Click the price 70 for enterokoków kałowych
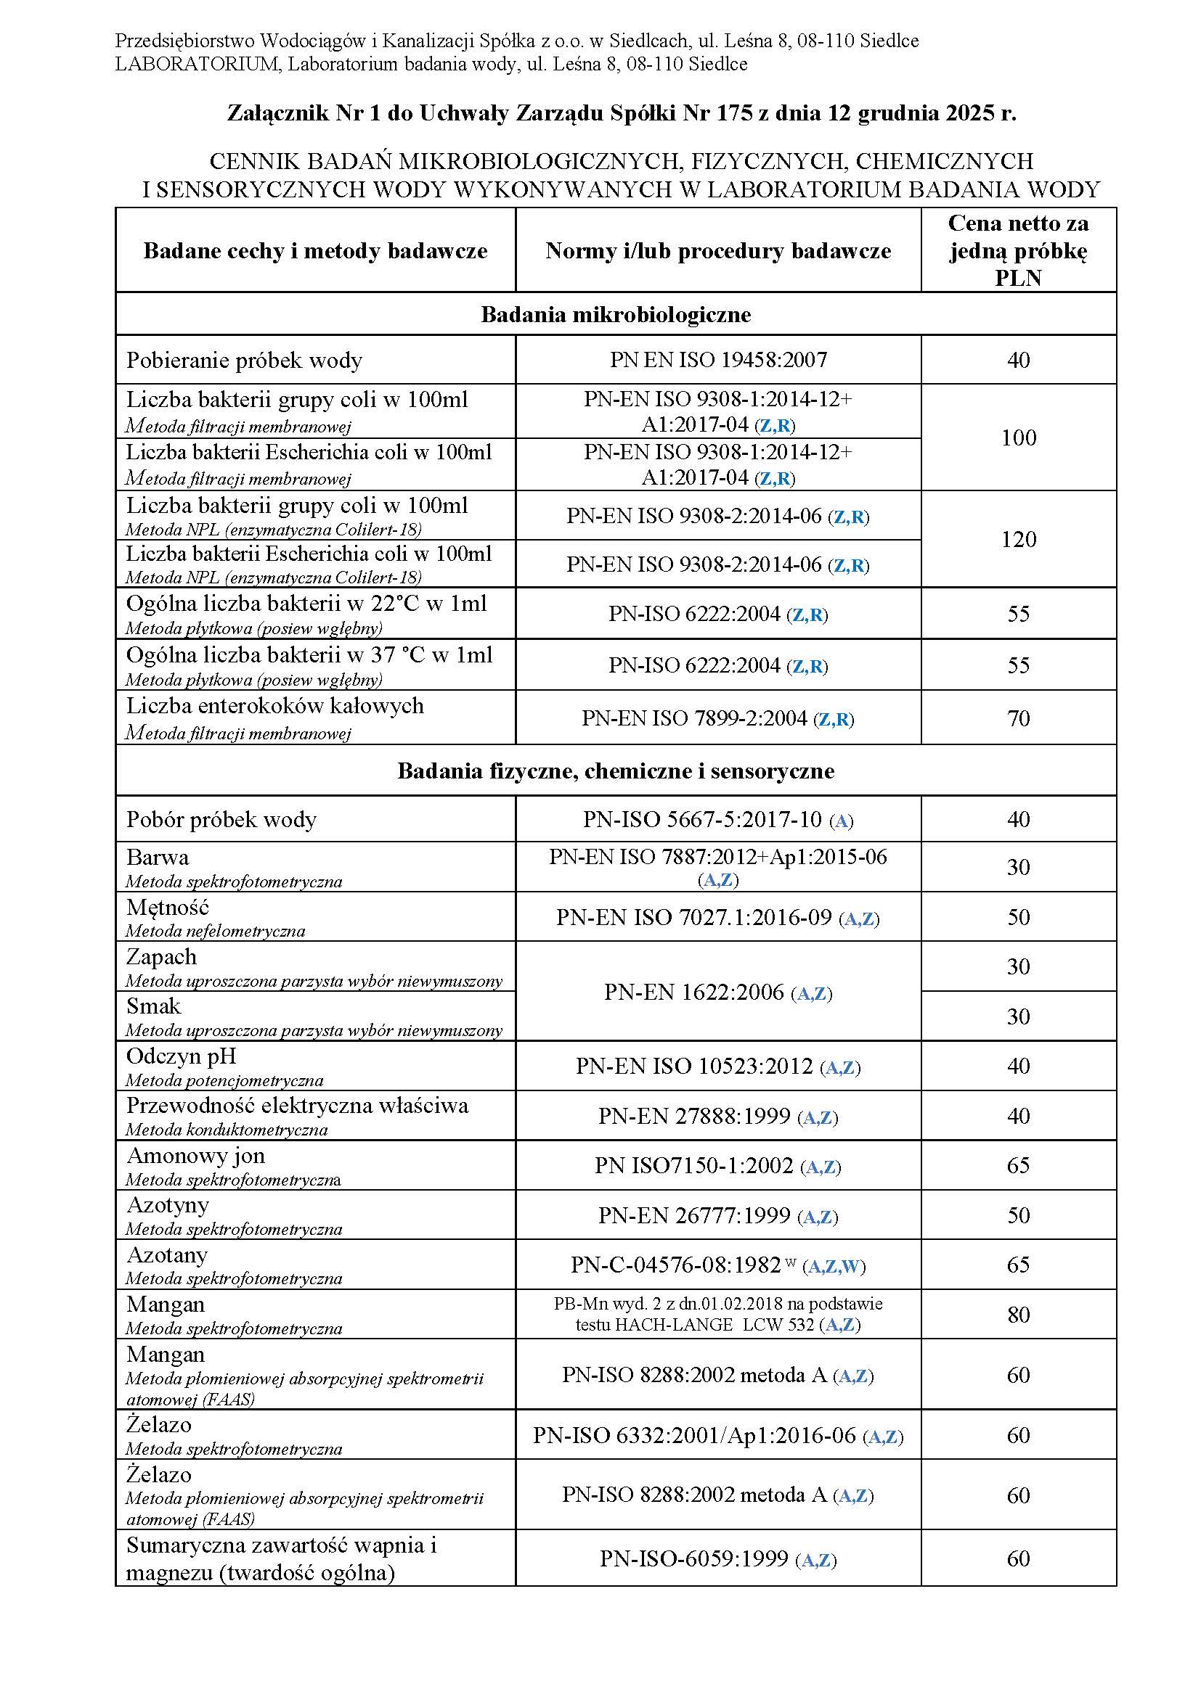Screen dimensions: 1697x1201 tap(1017, 718)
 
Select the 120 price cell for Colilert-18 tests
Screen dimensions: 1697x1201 tap(1017, 539)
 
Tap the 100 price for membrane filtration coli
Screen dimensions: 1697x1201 tap(1017, 437)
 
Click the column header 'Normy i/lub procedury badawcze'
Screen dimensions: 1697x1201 tap(717, 251)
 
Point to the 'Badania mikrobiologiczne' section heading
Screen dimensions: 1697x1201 tap(615, 315)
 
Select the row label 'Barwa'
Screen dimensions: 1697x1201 tap(158, 858)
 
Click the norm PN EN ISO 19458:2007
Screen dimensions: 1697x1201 tap(717, 360)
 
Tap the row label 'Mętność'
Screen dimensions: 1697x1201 tap(168, 907)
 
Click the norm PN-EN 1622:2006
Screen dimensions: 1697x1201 tap(693, 992)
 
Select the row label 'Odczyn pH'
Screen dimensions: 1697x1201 tap(182, 1056)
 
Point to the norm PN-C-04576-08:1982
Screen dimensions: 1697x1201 tap(676, 1265)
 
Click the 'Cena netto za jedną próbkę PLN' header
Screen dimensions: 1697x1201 tap(1017, 250)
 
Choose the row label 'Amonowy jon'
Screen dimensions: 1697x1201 tap(195, 1156)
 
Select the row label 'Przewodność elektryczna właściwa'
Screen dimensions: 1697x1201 tap(296, 1106)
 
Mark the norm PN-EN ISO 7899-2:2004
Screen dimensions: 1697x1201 tap(693, 718)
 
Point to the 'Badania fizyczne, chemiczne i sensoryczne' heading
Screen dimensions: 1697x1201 tap(615, 771)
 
